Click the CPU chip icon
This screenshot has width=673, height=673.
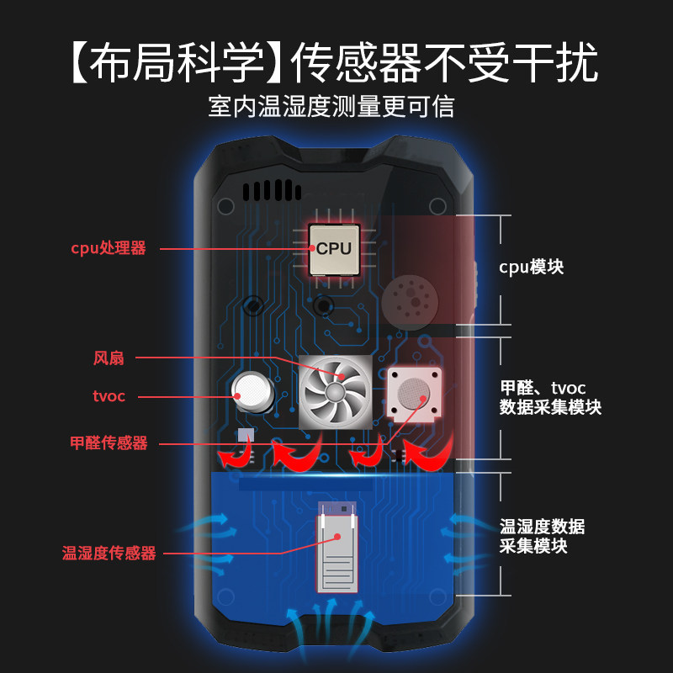(x=334, y=249)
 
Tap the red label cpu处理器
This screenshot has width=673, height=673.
(x=109, y=248)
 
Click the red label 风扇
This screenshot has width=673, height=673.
(x=109, y=358)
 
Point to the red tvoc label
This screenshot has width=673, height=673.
(x=109, y=396)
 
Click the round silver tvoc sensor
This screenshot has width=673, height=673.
(x=252, y=389)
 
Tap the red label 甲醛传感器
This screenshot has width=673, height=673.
(x=109, y=443)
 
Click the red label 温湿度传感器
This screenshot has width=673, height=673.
(x=109, y=553)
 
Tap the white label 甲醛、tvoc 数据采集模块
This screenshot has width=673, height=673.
(x=550, y=397)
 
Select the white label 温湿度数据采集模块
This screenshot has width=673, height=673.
(x=542, y=536)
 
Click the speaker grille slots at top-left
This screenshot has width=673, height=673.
(x=271, y=190)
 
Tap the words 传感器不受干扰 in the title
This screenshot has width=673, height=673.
(x=445, y=61)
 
